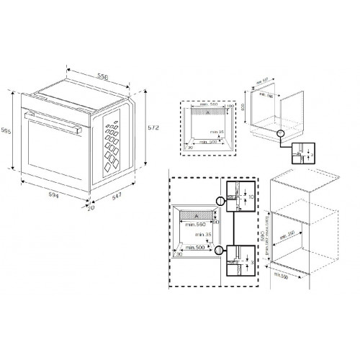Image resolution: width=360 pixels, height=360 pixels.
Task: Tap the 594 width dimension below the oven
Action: click(50, 197)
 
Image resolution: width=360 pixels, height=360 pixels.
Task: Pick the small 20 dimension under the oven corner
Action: click(91, 209)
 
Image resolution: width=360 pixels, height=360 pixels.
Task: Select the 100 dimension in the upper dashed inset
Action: click(230, 107)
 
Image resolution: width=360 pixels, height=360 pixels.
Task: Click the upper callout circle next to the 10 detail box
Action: click(220, 201)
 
